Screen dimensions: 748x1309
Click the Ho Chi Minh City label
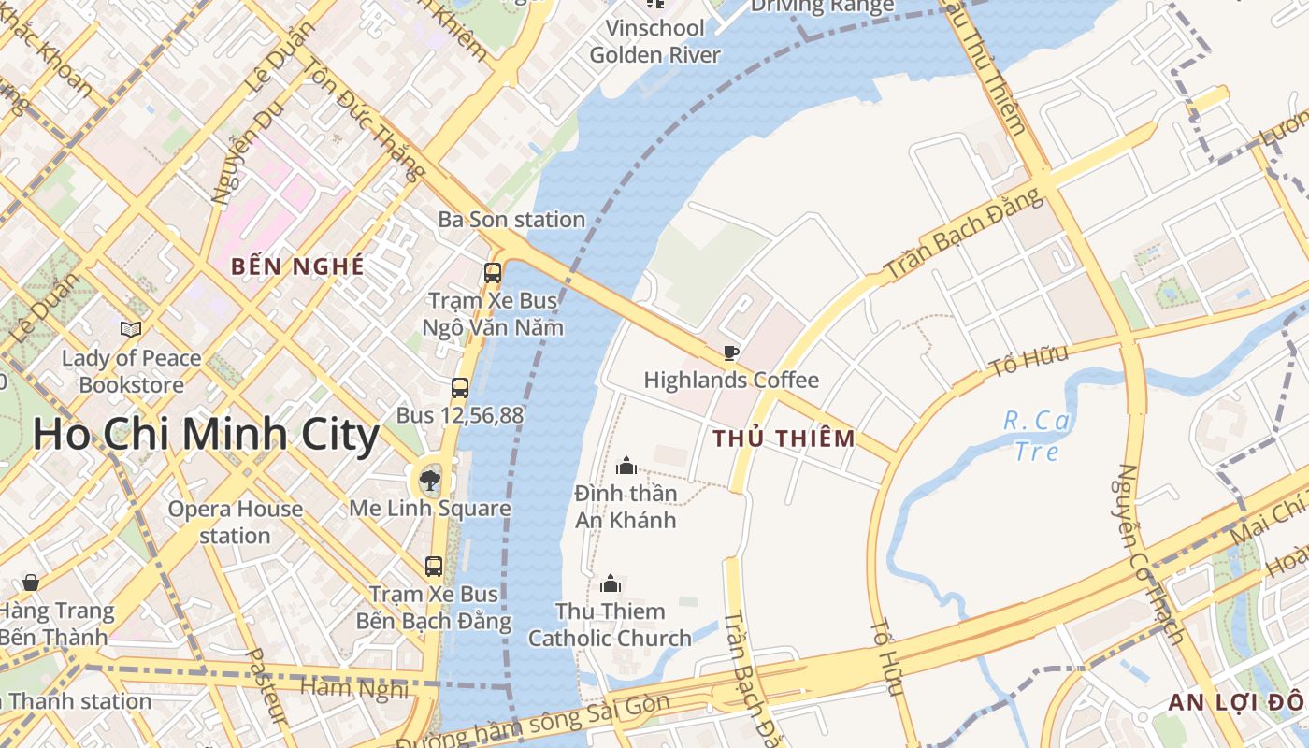click(206, 435)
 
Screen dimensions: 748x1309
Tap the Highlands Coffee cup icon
click(730, 352)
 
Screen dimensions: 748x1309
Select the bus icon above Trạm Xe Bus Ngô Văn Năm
click(493, 273)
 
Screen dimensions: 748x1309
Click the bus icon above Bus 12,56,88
click(460, 387)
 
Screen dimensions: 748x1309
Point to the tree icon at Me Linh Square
click(430, 481)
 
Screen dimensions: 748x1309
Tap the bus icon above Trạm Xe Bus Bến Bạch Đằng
click(434, 566)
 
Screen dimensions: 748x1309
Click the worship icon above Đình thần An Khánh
click(626, 465)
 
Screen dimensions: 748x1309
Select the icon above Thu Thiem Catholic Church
click(611, 583)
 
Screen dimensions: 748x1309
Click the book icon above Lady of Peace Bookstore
click(131, 329)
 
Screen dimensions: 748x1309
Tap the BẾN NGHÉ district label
click(297, 266)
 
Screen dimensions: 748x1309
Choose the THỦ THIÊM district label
click(784, 439)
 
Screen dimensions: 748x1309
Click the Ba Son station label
click(511, 220)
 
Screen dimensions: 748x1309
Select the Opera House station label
click(235, 522)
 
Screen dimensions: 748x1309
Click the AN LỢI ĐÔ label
click(1234, 702)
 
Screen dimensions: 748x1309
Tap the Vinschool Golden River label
click(654, 41)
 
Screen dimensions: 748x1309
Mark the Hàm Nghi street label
click(353, 688)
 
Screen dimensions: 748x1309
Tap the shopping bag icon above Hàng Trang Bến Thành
click(31, 583)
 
